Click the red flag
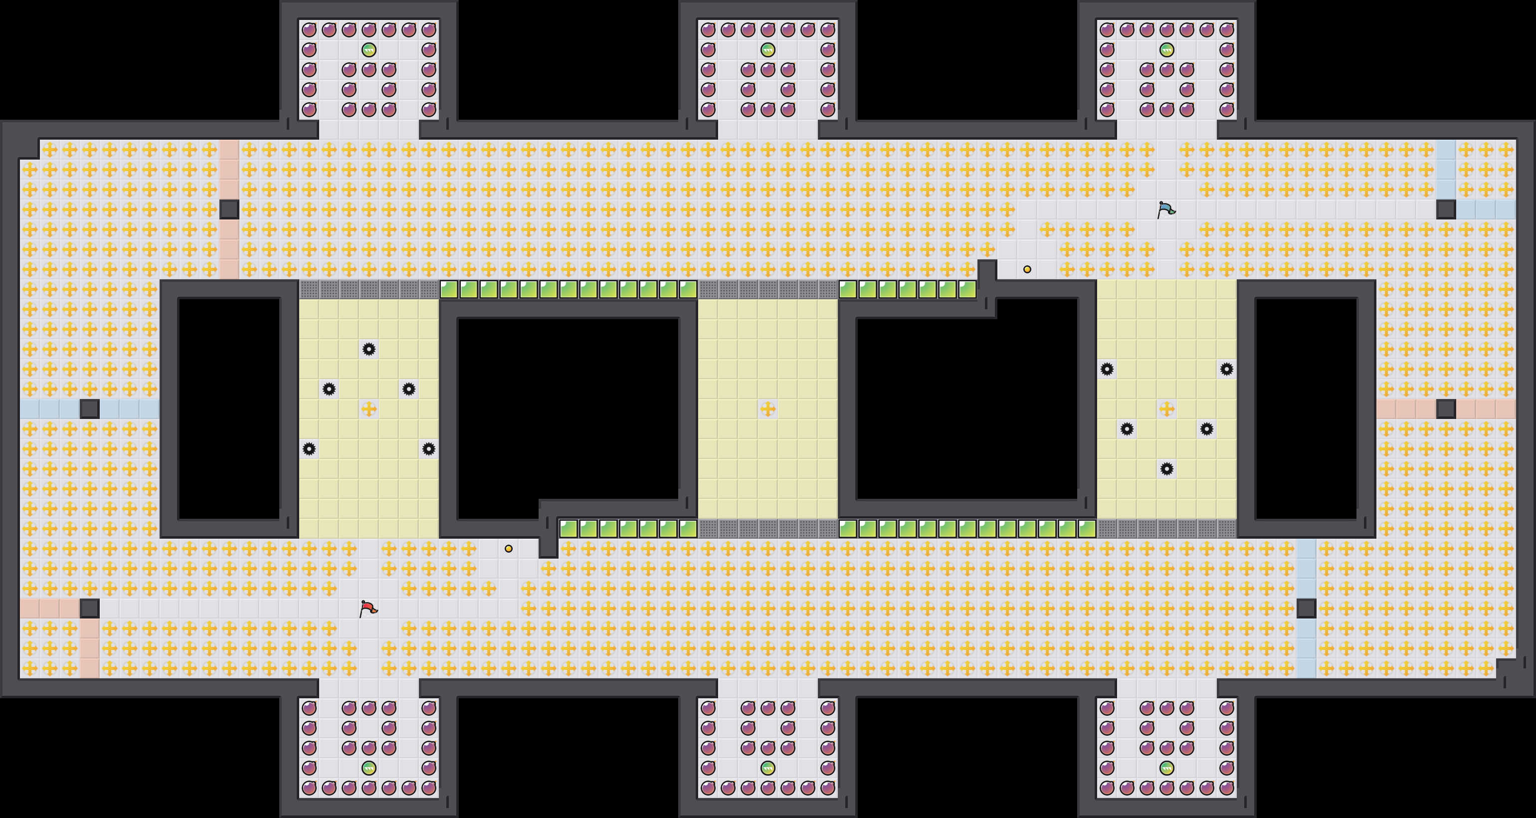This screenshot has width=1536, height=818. (x=368, y=608)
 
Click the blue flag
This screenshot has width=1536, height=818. (x=1166, y=209)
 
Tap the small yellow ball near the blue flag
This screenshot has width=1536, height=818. (x=1027, y=269)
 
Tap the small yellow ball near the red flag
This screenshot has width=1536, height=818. (x=508, y=549)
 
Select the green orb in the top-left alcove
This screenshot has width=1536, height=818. (x=369, y=49)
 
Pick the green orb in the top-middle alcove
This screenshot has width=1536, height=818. (x=768, y=49)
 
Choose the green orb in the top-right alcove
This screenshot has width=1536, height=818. (x=1166, y=49)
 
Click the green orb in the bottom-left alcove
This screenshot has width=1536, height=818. (x=369, y=767)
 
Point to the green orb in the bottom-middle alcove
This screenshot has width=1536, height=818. (x=768, y=767)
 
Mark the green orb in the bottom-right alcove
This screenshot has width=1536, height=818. (x=1166, y=767)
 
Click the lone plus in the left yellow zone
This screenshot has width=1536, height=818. (x=369, y=409)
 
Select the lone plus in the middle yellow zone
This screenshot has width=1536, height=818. (x=768, y=409)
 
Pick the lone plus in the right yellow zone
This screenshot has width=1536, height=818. (x=1166, y=409)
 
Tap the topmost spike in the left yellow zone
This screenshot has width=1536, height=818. (x=369, y=349)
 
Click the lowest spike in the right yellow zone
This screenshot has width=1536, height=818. (x=1166, y=469)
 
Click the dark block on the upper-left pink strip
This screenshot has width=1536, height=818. (x=229, y=209)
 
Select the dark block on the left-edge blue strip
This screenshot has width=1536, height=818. (x=89, y=409)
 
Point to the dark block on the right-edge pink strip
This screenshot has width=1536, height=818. (x=1445, y=409)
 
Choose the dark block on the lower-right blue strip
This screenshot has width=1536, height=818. (x=1306, y=608)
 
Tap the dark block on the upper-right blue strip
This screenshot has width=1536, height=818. (x=1445, y=209)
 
